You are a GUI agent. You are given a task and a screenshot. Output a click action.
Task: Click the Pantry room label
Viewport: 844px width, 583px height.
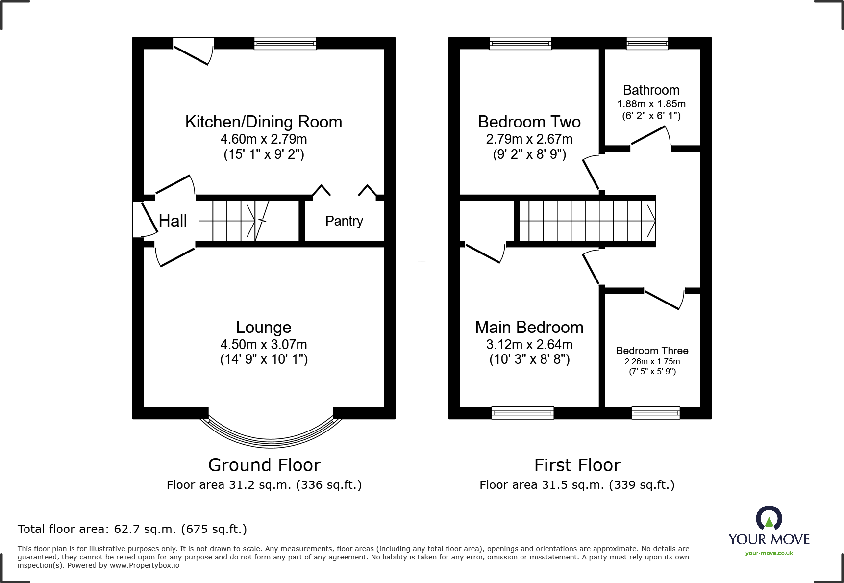[x=344, y=221]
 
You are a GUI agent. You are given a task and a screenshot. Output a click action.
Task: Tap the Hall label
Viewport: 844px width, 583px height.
[x=173, y=221]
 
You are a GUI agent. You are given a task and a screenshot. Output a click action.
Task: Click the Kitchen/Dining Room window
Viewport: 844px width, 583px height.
[x=285, y=44]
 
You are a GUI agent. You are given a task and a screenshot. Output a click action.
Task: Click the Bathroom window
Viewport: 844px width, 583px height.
[x=647, y=44]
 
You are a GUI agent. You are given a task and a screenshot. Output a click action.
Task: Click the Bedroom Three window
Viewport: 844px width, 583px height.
[x=656, y=413]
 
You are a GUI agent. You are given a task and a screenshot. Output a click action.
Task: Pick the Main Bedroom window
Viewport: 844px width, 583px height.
[x=522, y=413]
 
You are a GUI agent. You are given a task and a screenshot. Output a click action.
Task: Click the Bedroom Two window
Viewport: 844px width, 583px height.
[x=520, y=44]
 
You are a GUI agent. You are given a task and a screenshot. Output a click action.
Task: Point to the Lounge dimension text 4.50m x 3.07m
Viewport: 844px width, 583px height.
[x=264, y=344]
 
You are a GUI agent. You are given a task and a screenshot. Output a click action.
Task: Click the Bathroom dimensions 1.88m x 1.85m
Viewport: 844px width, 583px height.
[x=651, y=104]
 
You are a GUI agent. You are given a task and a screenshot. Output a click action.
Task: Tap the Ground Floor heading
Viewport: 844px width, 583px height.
[x=264, y=465]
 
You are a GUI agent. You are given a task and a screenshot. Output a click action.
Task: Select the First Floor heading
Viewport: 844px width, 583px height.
[x=577, y=465]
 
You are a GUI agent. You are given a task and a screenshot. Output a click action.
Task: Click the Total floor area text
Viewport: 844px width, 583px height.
[x=132, y=529]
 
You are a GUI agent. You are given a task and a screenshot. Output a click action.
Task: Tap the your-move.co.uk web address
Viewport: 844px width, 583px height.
[x=769, y=553]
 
